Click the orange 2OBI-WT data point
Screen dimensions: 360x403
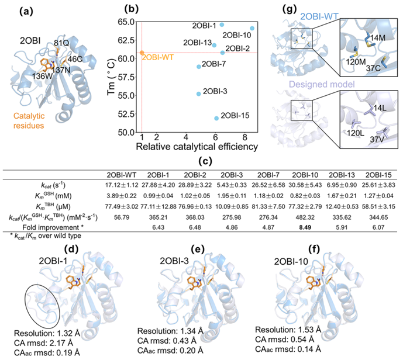click(142, 53)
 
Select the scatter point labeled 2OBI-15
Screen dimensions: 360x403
click(216, 118)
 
